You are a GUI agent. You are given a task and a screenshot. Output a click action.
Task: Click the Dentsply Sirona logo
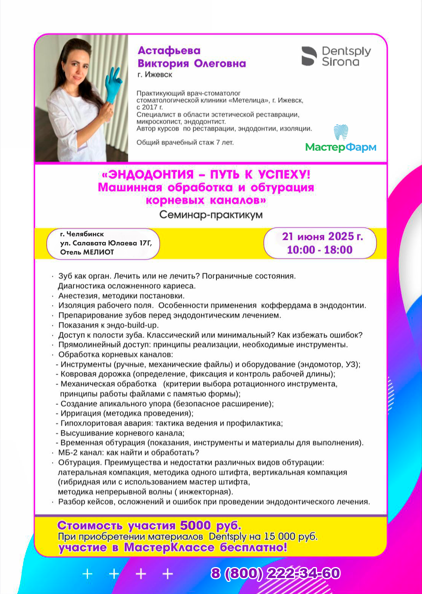336,57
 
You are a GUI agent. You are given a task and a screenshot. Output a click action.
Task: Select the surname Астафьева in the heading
169,51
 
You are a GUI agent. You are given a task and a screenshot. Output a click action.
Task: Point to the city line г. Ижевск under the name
155,75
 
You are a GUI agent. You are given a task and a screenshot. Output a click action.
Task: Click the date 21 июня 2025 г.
322,236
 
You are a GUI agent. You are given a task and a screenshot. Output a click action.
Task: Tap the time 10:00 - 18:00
320,250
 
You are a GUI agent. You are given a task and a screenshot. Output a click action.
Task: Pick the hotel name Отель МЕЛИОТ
87,252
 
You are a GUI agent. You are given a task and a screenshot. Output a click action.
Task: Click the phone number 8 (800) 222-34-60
276,573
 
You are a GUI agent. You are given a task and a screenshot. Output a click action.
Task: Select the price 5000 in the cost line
195,526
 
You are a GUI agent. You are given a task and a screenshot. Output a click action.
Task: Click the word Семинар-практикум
211,215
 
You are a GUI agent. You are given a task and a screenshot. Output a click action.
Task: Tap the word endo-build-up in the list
139,325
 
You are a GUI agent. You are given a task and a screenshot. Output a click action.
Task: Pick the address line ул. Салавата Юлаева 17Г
106,243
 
